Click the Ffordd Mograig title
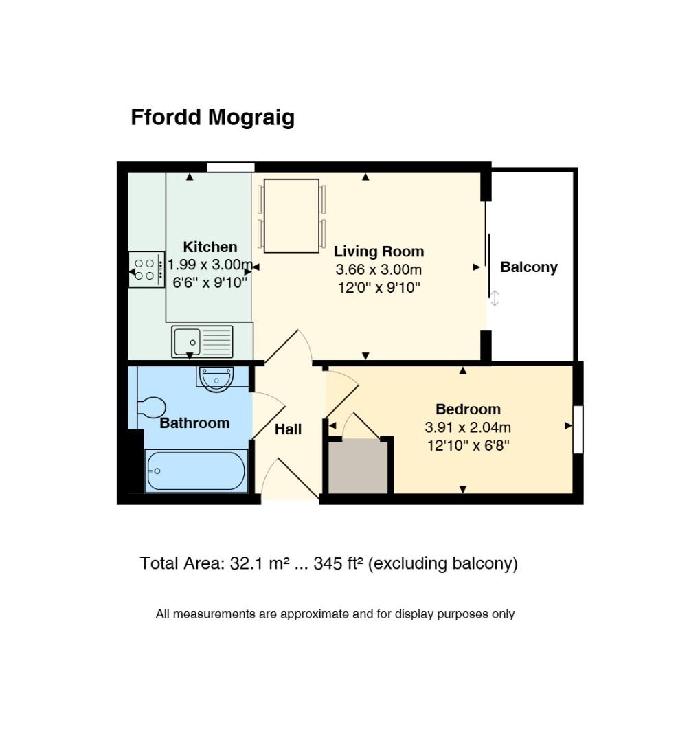tap(212, 117)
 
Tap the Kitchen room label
tap(210, 247)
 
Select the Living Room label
tap(379, 251)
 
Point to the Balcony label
tap(529, 267)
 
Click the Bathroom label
tap(194, 423)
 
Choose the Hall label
tap(288, 429)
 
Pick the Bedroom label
tap(468, 409)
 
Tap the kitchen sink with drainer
tap(202, 341)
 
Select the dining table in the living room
tap(291, 216)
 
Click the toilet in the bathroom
tap(151, 407)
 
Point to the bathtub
tap(196, 471)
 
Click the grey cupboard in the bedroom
tap(359, 466)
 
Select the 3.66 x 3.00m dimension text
tap(379, 269)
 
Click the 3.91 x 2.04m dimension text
tap(468, 427)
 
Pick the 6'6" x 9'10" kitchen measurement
tap(210, 282)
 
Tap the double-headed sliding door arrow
tap(495, 297)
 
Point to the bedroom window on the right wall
tap(578, 429)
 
